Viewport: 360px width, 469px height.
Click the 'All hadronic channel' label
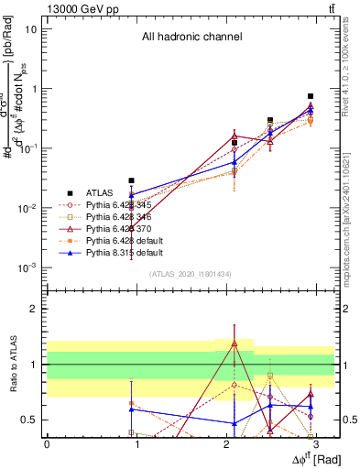[x=191, y=38]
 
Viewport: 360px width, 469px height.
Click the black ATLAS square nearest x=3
[x=311, y=96]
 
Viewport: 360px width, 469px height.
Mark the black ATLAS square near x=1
[x=132, y=180]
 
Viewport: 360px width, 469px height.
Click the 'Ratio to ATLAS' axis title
[x=13, y=365]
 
